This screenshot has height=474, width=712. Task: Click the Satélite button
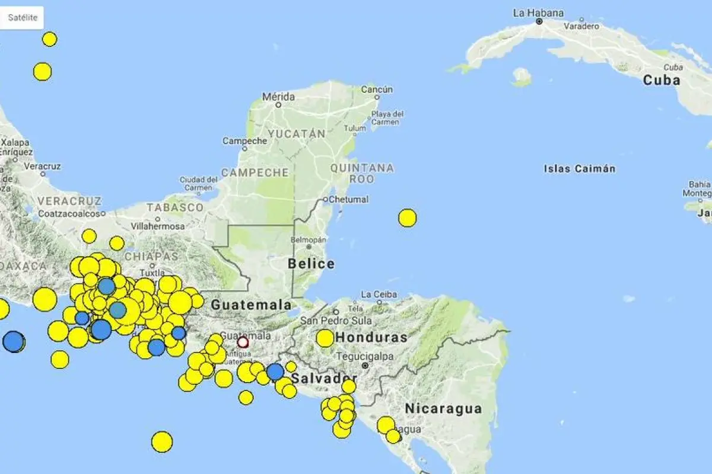(x=23, y=18)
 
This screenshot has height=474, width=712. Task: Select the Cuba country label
(x=661, y=80)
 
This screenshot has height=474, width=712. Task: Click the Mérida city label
(x=278, y=97)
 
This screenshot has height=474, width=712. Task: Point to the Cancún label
(x=377, y=89)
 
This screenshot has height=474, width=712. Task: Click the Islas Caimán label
(x=579, y=169)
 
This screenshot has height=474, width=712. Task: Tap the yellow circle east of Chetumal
(x=407, y=218)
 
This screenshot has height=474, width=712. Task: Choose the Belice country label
(x=311, y=264)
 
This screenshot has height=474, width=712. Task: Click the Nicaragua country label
(x=443, y=408)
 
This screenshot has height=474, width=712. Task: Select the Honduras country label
(x=371, y=338)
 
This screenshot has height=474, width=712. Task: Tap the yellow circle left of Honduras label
(x=325, y=338)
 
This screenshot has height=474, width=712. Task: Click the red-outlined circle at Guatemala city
(x=243, y=342)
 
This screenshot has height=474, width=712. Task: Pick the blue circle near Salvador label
(x=275, y=371)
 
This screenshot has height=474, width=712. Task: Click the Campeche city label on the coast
(x=244, y=141)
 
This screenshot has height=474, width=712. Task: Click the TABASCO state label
(x=175, y=207)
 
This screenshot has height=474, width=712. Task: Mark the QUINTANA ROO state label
(x=361, y=173)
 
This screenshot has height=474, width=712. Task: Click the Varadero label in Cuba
(x=581, y=27)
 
